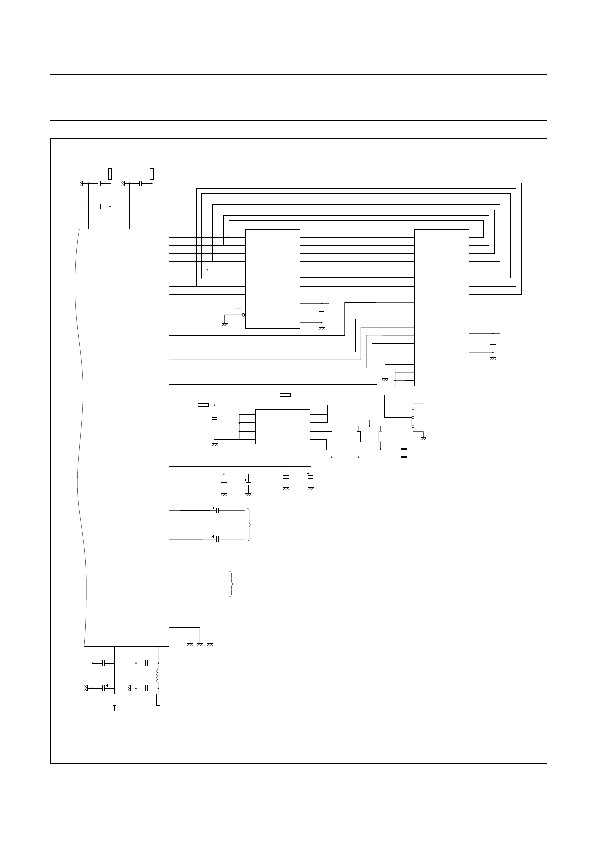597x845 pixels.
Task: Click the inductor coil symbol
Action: (158, 676)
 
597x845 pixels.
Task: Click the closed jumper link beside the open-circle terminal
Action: (413, 422)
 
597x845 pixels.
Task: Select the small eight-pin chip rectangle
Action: (282, 426)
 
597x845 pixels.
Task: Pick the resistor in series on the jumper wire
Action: (285, 395)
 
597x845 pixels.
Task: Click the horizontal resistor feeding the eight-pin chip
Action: (203, 405)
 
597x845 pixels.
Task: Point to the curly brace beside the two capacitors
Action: (250, 524)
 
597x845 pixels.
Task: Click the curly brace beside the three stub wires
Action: (232, 584)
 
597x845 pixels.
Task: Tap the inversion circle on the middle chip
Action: (244, 315)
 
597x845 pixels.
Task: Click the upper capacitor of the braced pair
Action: (217, 510)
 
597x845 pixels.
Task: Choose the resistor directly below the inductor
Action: (158, 699)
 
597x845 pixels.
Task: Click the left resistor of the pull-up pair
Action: (359, 436)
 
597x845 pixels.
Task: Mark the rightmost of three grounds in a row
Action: (210, 643)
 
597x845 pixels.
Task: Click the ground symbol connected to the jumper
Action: (424, 438)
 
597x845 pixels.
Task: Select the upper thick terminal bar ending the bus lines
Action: (403, 449)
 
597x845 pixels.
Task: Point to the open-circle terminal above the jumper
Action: (413, 408)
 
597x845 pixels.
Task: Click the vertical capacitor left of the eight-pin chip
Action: (215, 418)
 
